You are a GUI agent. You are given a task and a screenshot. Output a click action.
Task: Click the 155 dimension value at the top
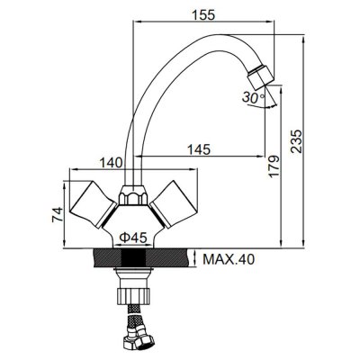click(x=204, y=14)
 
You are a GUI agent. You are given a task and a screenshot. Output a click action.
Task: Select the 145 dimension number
click(x=199, y=149)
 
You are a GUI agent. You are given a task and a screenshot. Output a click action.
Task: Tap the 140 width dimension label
click(x=112, y=163)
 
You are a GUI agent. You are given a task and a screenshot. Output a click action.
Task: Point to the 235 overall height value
click(x=296, y=141)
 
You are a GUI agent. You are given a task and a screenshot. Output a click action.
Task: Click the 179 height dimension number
click(x=274, y=166)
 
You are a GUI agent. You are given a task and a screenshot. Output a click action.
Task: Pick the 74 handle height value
click(x=58, y=214)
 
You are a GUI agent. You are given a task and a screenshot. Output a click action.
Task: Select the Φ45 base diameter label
click(x=133, y=238)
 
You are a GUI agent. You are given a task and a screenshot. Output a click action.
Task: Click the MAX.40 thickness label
click(x=229, y=259)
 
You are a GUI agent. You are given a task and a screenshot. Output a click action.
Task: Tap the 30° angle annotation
click(x=254, y=97)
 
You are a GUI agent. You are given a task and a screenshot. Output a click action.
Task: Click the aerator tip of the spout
click(x=260, y=76)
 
